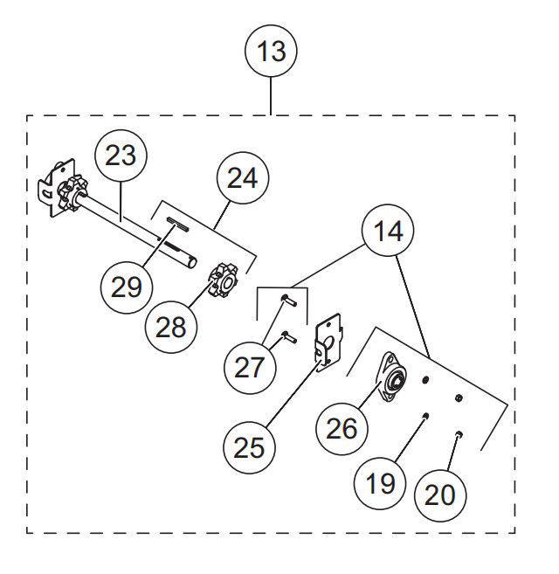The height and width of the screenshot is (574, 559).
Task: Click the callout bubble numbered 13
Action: point(272,52)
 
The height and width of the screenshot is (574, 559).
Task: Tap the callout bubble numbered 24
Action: point(243,177)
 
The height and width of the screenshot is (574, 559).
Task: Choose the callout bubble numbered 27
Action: point(249,366)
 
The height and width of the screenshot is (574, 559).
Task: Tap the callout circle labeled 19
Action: point(381,481)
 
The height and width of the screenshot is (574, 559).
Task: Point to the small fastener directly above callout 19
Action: point(424,416)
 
